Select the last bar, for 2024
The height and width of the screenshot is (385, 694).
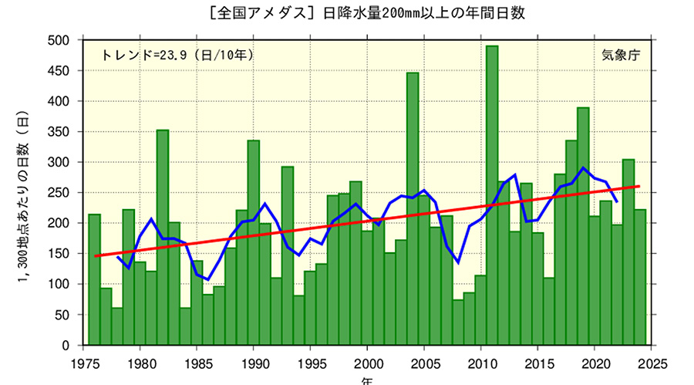pyautogui.click(x=640, y=277)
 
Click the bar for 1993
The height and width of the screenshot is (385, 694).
pyautogui.click(x=287, y=255)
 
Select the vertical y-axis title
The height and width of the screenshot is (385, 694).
pyautogui.click(x=23, y=193)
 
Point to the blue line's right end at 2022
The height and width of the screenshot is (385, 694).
pyautogui.click(x=617, y=202)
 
